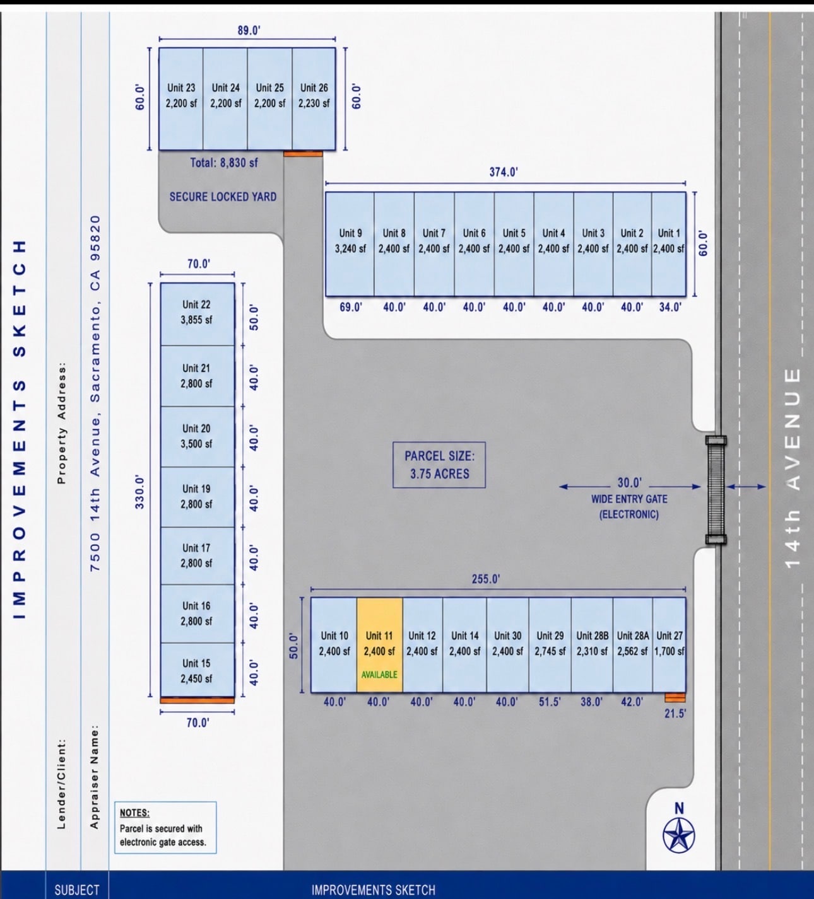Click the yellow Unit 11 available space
[x=380, y=645]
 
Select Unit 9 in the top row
[x=350, y=244]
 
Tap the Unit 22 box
[x=197, y=314]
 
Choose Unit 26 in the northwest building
[x=314, y=98]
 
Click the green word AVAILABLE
[x=380, y=675]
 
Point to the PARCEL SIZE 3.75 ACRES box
[x=439, y=465]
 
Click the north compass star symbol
[x=679, y=835]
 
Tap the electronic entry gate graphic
[x=716, y=490]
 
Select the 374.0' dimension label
[x=504, y=172]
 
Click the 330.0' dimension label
[x=140, y=492]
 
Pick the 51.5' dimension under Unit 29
[x=550, y=702]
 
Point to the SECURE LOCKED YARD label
[x=223, y=197]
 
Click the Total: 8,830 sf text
[x=224, y=163]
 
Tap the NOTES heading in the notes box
[x=134, y=813]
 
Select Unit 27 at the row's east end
[x=669, y=645]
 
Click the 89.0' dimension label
[x=249, y=30]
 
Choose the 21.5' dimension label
[x=675, y=714]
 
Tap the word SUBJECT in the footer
[x=77, y=890]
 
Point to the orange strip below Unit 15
[x=198, y=700]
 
